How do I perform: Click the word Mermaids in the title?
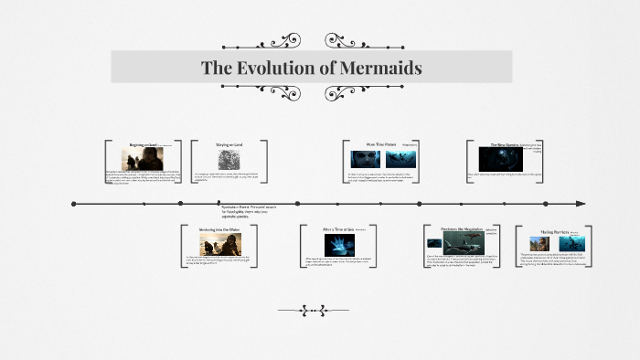coord(379,69)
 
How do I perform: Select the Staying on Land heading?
coord(229,144)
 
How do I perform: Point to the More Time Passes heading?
coord(380,144)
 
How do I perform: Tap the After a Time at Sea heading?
coord(339,229)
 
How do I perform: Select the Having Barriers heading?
coord(554,232)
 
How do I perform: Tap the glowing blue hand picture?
coord(340,244)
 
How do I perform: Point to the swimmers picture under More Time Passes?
coord(400,159)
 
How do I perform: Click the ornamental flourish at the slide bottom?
coord(319,311)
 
